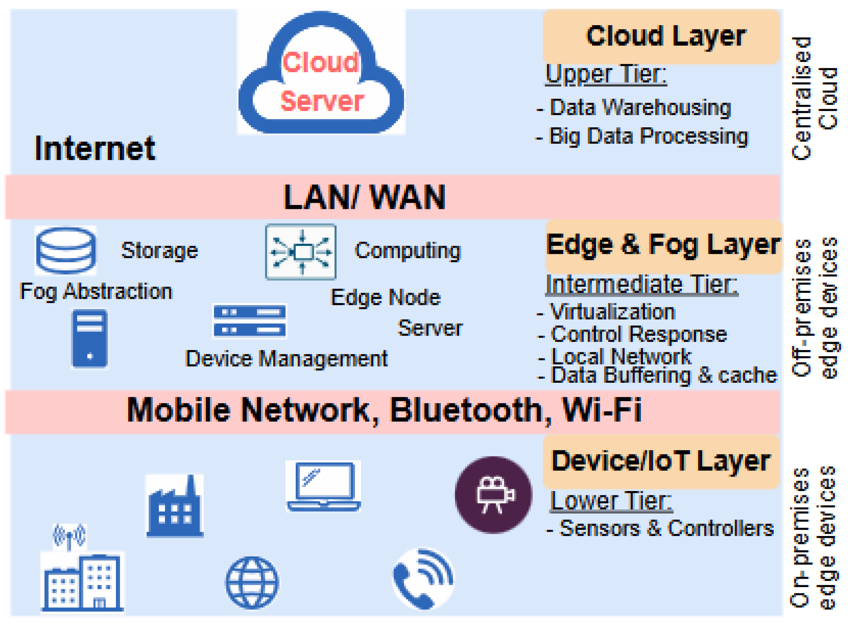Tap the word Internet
(x=95, y=148)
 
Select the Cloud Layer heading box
(x=661, y=36)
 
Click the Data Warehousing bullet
(x=640, y=108)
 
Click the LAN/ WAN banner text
(x=365, y=197)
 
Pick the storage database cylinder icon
(x=66, y=250)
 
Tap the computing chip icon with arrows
(x=301, y=252)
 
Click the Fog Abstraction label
(x=96, y=292)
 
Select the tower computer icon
(x=90, y=339)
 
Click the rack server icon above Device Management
(x=250, y=321)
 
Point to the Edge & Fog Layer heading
(x=663, y=245)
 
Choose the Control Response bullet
(x=639, y=335)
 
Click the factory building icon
(x=175, y=506)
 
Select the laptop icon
(x=323, y=486)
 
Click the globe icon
(x=252, y=583)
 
